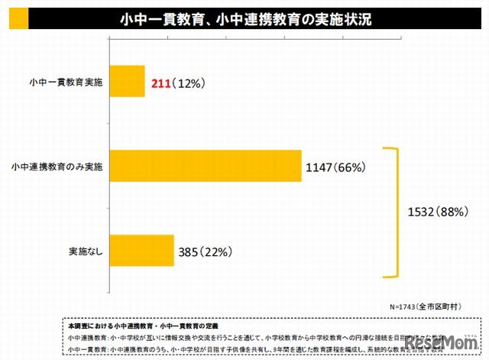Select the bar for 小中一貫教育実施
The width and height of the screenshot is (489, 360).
127,82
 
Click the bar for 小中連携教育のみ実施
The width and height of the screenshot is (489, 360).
206,165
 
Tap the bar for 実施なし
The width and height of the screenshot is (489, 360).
142,250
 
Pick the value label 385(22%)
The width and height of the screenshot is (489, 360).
205,250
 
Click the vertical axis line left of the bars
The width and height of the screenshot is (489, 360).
110,164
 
